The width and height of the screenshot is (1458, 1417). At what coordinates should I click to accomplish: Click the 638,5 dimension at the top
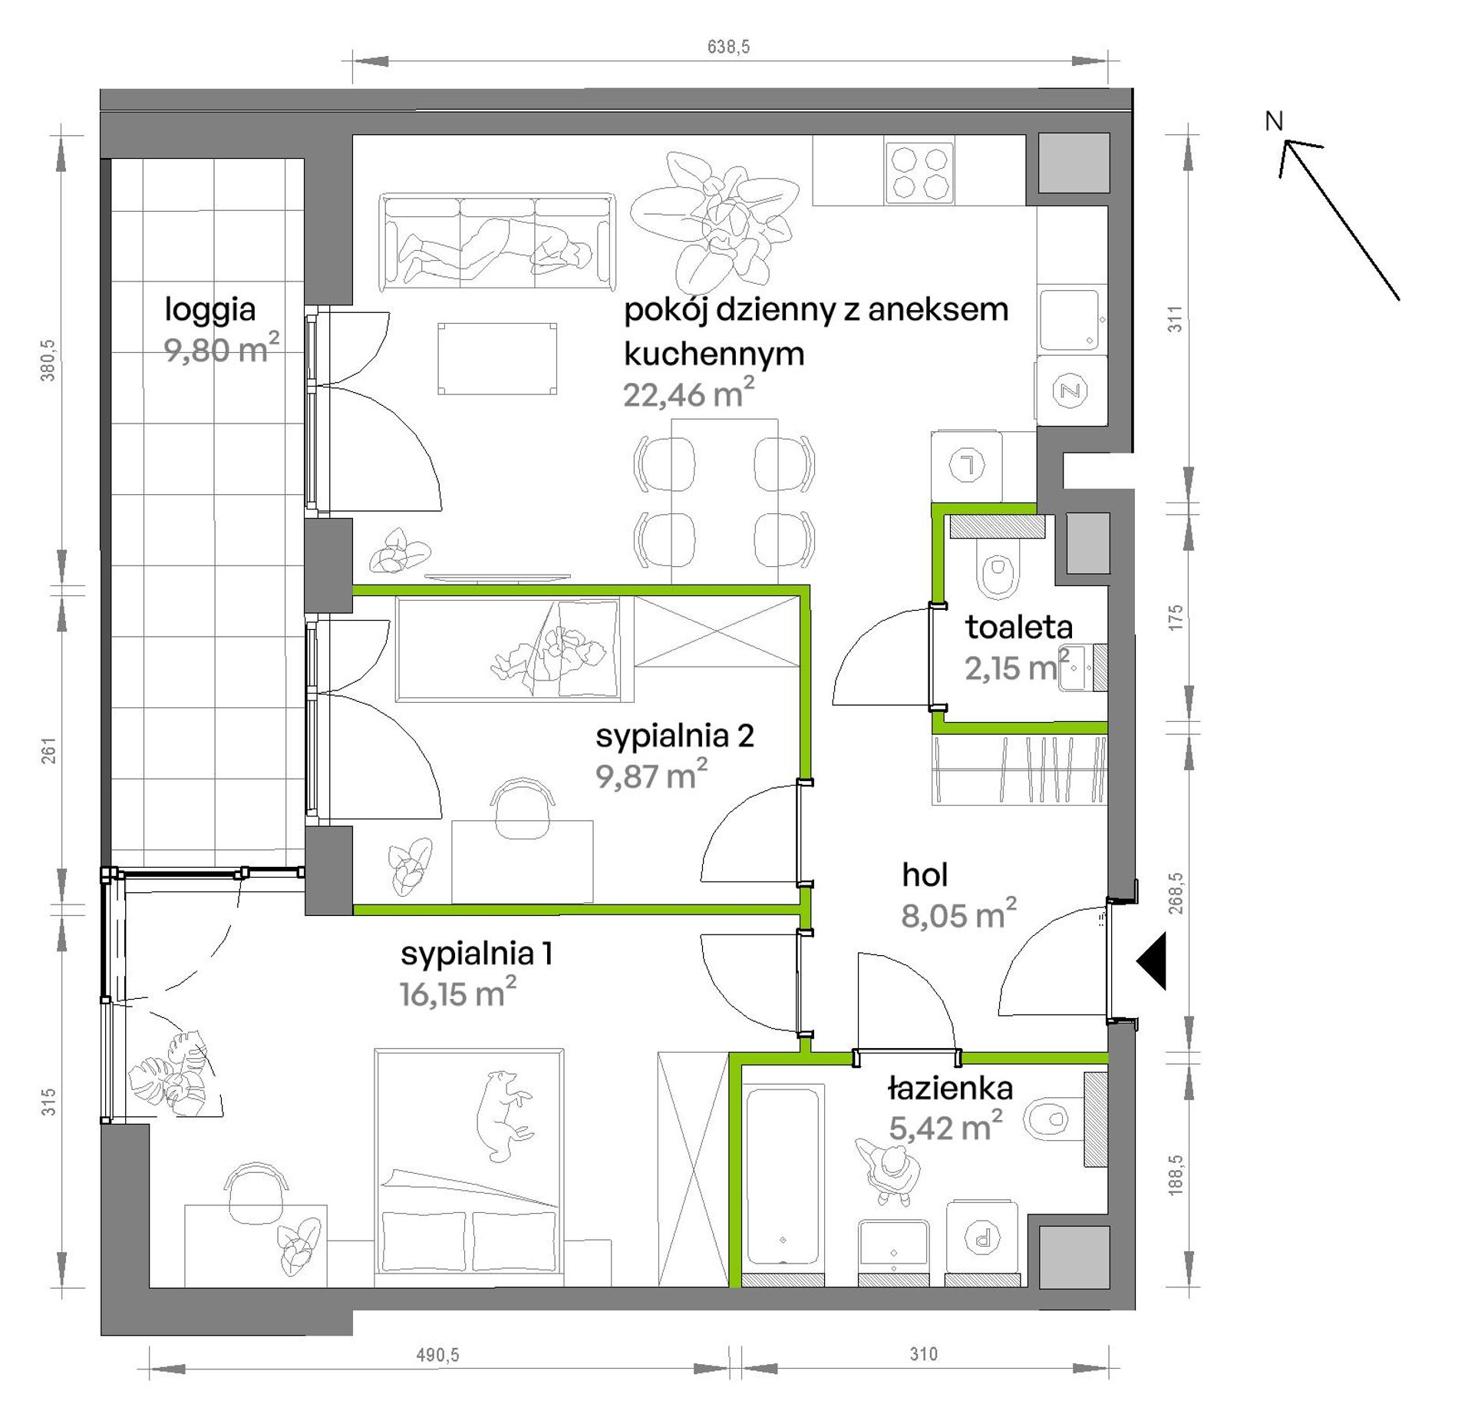728,47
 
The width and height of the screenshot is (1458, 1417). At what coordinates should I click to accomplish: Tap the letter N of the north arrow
1274,120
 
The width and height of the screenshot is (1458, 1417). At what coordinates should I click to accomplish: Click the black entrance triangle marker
1152,961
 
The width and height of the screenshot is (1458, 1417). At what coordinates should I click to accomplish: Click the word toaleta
1018,627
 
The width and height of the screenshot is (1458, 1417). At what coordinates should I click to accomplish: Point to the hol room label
925,875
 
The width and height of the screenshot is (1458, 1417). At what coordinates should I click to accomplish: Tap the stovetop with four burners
919,173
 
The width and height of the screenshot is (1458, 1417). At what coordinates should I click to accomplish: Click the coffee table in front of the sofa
497,358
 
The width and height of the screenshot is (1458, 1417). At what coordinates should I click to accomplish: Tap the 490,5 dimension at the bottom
437,1355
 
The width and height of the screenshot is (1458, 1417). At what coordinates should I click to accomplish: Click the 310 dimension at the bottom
924,1354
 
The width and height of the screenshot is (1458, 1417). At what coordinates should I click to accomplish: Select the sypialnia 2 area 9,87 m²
651,775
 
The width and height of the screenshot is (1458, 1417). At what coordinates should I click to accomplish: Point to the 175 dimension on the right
1176,618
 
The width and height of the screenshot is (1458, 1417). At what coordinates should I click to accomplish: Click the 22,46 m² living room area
688,393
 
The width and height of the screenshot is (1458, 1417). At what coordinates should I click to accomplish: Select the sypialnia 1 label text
476,954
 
